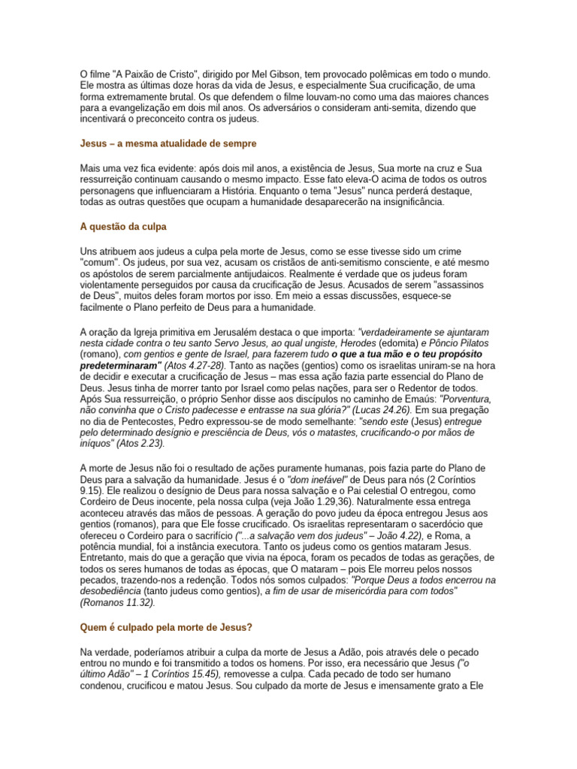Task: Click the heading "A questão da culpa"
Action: point(123,226)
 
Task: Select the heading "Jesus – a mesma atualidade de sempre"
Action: point(168,143)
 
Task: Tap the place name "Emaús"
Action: point(416,399)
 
